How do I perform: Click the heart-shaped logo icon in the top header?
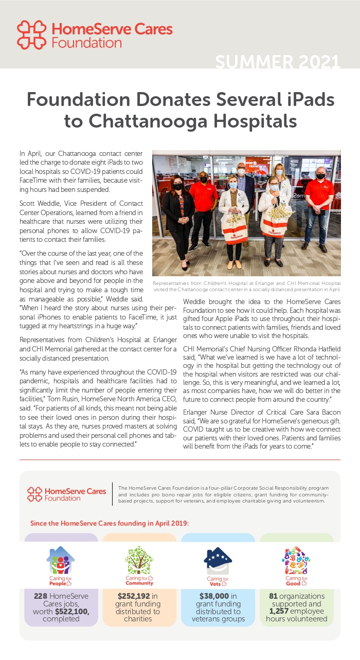pos(31,34)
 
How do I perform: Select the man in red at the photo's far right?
pos(319,208)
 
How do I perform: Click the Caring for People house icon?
pos(61,562)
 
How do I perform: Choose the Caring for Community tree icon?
pos(139,562)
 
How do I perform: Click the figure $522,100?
pos(72,611)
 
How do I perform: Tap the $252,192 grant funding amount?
pos(133,596)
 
